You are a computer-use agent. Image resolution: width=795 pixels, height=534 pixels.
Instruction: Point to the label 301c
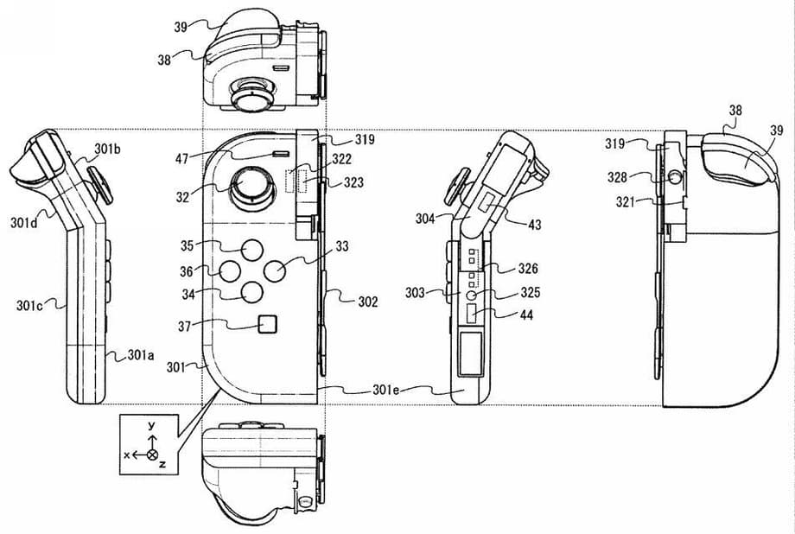click(x=29, y=305)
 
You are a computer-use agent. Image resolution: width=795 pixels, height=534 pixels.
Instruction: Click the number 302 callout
click(x=368, y=302)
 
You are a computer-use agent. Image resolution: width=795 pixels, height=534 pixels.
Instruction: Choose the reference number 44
click(x=525, y=315)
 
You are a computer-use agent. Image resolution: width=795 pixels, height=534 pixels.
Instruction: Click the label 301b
click(x=107, y=149)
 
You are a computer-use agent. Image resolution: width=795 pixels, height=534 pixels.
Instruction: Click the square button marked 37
click(x=267, y=325)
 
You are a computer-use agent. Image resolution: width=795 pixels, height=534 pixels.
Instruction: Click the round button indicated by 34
click(x=251, y=291)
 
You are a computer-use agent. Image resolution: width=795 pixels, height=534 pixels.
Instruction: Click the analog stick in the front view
click(x=249, y=186)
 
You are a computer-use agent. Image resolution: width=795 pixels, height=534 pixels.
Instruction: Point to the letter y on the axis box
click(x=150, y=425)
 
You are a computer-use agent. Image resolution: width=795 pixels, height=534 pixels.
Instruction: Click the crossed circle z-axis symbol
click(x=153, y=455)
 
